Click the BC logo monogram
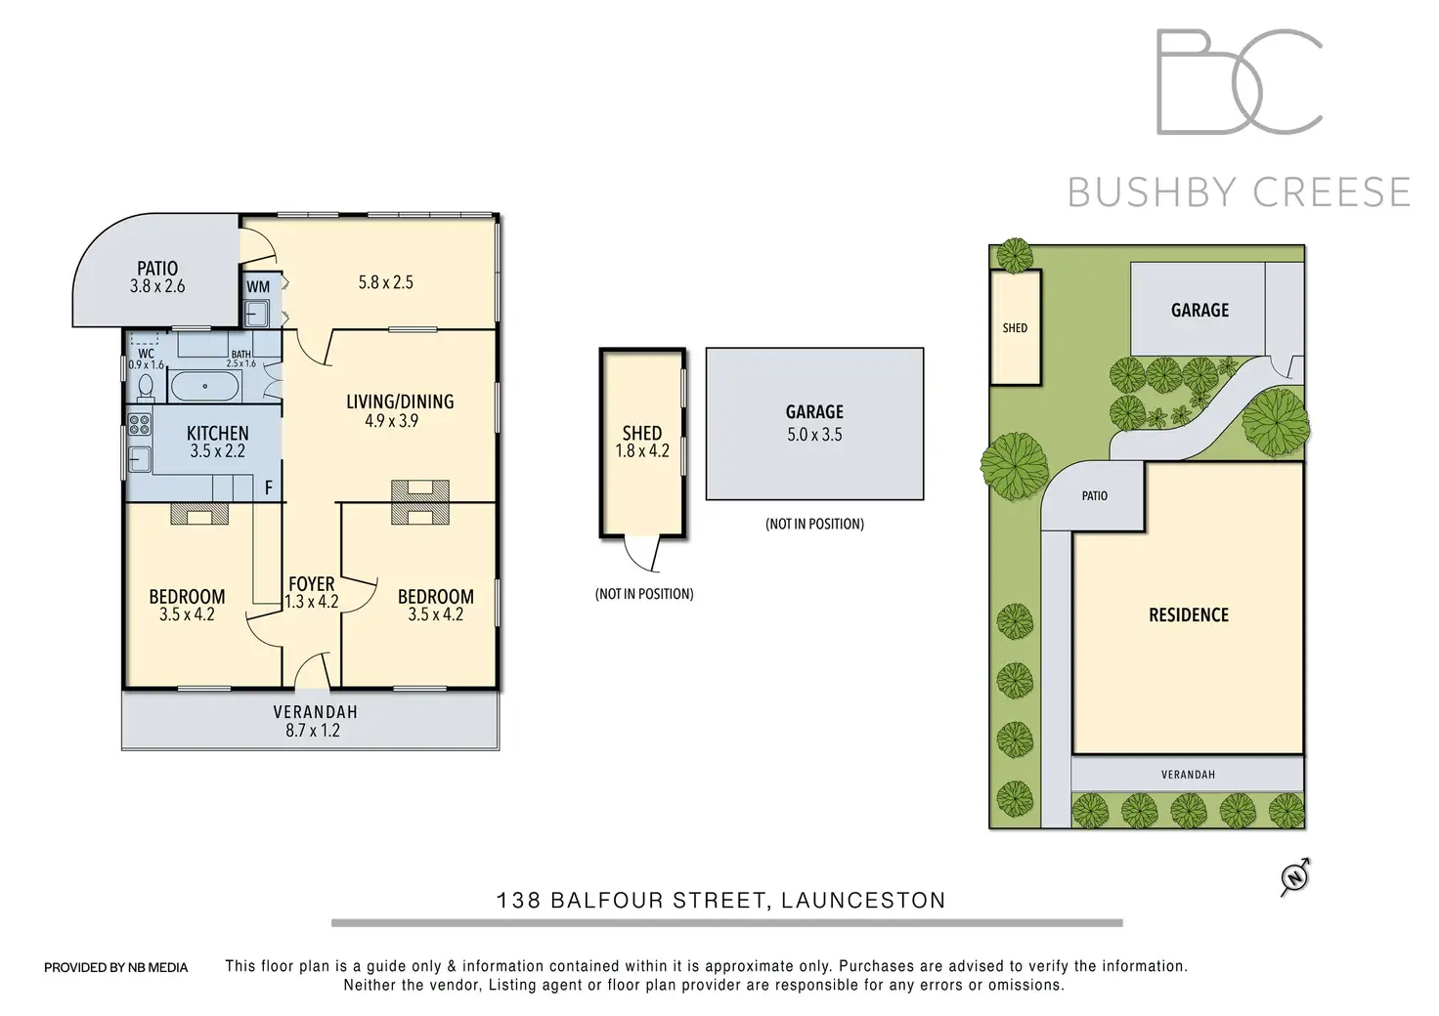coord(1240,82)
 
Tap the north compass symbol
coord(1295,877)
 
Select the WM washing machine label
coord(257,287)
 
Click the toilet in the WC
coord(146,388)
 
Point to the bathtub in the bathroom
coord(204,386)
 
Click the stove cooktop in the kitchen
coord(139,425)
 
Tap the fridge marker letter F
coord(269,487)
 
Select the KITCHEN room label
coord(217,433)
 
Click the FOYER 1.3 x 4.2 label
coord(311,593)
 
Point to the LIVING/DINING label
coord(400,402)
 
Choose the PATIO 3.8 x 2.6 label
coord(157,276)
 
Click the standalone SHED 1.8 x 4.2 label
coord(642,442)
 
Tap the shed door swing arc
coord(643,557)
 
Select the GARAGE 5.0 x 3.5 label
coord(814,423)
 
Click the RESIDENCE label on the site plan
coord(1188,614)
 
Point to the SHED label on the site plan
coord(1015,328)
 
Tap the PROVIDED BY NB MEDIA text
coord(115,967)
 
